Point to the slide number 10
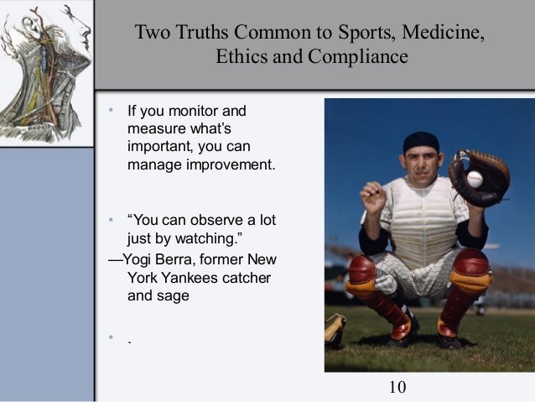[398, 387]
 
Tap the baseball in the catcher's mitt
[475, 179]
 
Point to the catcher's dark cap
[420, 143]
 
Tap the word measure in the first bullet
[153, 129]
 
